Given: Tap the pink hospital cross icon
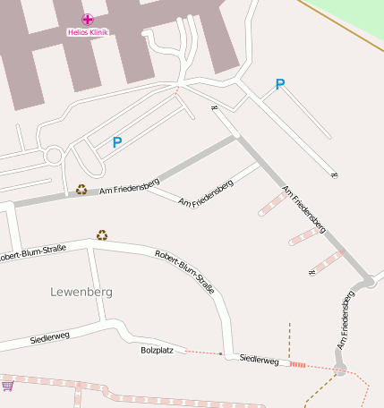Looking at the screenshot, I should pos(87,19).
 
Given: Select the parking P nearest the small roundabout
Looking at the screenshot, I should pos(116,141).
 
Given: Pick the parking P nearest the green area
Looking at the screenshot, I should pos(280,85).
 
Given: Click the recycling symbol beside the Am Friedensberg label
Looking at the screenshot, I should pos(81,190).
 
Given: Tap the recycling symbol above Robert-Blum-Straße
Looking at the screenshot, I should pos(102,235).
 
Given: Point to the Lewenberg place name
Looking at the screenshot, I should pos(81,292).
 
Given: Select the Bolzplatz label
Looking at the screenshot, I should pos(157,350).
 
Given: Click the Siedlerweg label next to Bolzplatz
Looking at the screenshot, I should pos(260,361).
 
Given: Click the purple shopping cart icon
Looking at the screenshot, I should pos(8,386).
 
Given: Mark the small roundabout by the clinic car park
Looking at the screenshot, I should pos(53,157).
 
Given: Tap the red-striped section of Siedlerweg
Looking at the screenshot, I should pos(297,364).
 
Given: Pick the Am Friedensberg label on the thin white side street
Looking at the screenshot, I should pos(206,193).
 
